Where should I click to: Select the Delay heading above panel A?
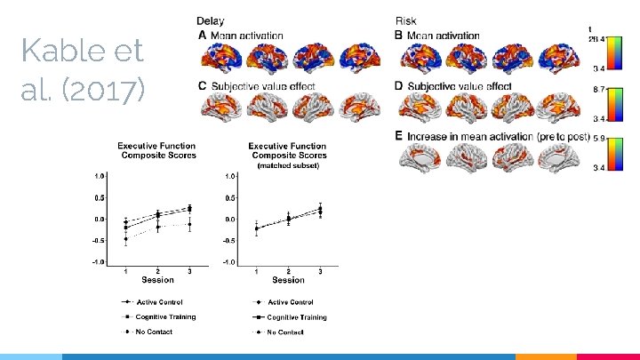(x=211, y=20)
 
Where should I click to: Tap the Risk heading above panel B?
(x=405, y=20)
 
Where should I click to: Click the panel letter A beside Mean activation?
(x=202, y=36)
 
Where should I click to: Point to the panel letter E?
(x=399, y=136)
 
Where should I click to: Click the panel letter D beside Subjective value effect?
(x=399, y=86)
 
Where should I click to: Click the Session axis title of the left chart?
(x=157, y=280)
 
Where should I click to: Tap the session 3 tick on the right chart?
(x=320, y=269)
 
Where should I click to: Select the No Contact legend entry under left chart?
(x=156, y=332)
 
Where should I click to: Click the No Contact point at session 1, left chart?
(x=124, y=239)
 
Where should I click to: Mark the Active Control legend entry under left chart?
(x=156, y=302)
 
